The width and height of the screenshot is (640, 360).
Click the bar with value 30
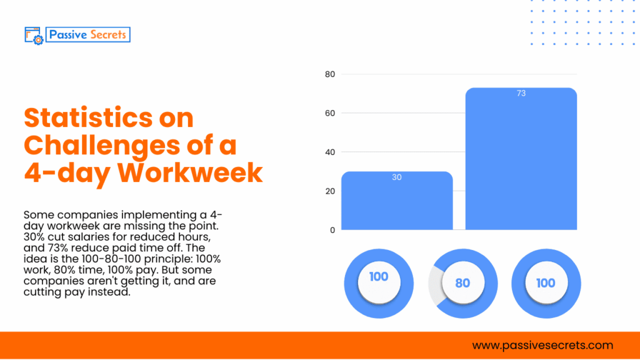click(397, 201)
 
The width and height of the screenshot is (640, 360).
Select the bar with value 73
click(521, 160)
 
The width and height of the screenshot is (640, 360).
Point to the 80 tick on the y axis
click(330, 74)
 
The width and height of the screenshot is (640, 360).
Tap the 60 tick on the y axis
click(330, 113)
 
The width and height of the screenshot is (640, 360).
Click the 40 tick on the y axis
click(330, 152)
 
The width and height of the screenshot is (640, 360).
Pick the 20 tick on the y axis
click(330, 191)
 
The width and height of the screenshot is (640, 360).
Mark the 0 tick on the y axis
click(332, 229)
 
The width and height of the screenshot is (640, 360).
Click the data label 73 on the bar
click(521, 93)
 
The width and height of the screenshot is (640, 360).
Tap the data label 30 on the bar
click(397, 177)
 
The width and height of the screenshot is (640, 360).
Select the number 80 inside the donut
click(462, 283)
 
